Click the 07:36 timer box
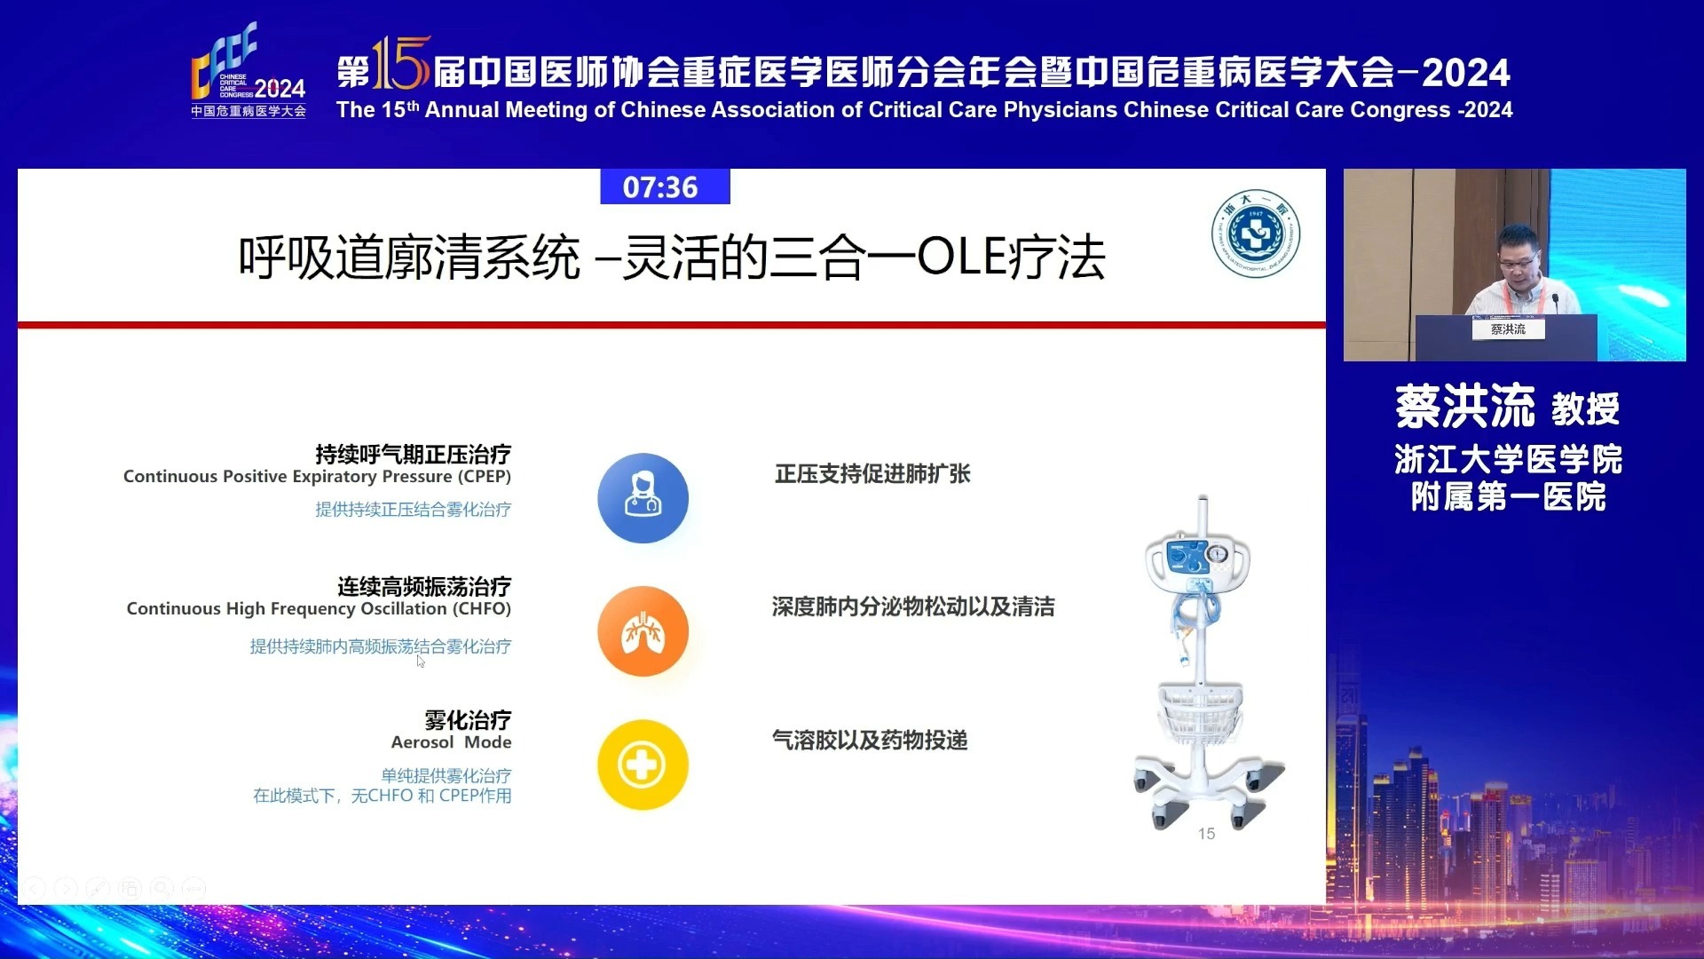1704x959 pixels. point(665,186)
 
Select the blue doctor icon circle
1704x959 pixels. point(643,497)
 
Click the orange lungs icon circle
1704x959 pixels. point(643,630)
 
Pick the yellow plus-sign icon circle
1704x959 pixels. point(643,765)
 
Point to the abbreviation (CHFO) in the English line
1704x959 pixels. point(482,609)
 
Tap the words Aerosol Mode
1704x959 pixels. point(451,742)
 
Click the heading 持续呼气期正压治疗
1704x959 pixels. point(414,455)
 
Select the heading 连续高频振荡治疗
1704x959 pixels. point(424,587)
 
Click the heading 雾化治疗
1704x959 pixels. point(468,720)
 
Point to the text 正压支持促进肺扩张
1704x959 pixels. point(872,474)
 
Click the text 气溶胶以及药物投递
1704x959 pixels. point(870,741)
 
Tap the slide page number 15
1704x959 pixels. point(1206,834)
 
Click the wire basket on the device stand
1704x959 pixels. point(1200,713)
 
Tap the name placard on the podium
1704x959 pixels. point(1508,329)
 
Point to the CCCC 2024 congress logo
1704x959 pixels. point(248,70)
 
